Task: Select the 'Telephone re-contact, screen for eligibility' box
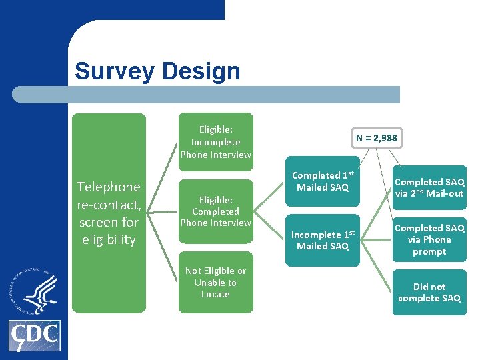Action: click(109, 213)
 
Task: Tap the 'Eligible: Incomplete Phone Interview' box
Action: click(215, 142)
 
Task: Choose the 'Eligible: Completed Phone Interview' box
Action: click(215, 211)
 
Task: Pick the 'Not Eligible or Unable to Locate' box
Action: click(215, 282)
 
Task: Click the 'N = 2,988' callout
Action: click(376, 139)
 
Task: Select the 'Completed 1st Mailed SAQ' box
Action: click(322, 182)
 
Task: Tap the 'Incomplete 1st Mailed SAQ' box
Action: click(322, 240)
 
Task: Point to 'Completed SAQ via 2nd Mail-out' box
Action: click(429, 187)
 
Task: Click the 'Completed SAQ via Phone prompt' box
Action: click(429, 239)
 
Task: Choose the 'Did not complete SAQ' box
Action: click(429, 292)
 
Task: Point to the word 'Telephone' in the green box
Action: click(109, 187)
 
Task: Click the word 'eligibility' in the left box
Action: click(109, 239)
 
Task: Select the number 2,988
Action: click(385, 139)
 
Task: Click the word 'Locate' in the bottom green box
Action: click(215, 294)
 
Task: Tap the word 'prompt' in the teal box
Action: click(429, 251)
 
